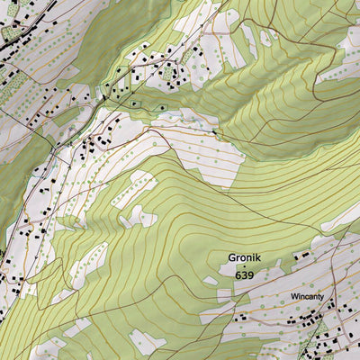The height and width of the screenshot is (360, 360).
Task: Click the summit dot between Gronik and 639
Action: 243,266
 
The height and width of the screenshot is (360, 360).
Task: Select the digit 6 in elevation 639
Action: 236,274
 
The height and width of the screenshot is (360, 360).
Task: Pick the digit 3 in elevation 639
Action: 243,274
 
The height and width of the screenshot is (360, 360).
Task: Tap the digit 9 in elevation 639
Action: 250,274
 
